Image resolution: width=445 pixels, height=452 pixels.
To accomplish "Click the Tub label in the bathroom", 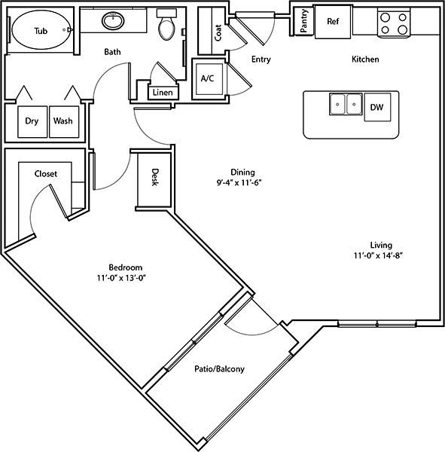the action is click(41, 31).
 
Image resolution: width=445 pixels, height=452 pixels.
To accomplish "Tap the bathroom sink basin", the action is click(113, 20).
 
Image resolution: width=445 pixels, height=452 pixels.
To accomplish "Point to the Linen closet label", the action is click(163, 93).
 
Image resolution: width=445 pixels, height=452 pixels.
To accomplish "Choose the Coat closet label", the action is click(218, 32).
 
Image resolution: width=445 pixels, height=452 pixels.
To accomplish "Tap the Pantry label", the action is click(303, 21).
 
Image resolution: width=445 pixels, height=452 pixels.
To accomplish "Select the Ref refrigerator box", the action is click(333, 22).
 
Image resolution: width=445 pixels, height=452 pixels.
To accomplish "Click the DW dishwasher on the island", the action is click(377, 107).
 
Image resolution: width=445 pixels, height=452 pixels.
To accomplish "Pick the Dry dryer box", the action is click(32, 122).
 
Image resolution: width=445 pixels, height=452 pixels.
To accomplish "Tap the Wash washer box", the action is click(64, 122).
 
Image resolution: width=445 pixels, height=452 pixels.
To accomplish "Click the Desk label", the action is click(155, 177).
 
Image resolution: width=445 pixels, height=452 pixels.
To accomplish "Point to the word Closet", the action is click(45, 174).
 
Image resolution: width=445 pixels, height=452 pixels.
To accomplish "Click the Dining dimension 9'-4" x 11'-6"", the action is click(239, 183).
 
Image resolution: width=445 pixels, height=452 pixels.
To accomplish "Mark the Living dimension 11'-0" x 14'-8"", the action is click(378, 255).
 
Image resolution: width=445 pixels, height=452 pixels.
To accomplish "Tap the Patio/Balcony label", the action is click(219, 369).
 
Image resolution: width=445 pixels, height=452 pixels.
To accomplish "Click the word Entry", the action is click(261, 60).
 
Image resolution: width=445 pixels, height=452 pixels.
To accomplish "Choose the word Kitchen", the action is click(365, 59).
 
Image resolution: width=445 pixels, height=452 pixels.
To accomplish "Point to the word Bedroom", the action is click(126, 267).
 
